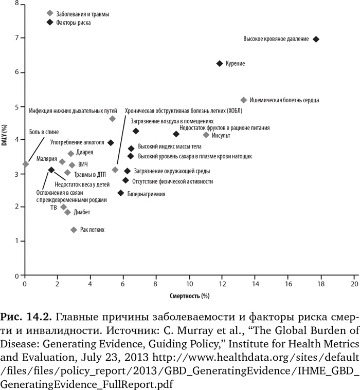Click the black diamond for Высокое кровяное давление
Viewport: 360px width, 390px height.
point(316,39)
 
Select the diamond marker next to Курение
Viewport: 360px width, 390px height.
point(220,63)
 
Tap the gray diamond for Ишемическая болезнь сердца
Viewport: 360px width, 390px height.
point(244,100)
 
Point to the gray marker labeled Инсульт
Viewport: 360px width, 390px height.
point(206,135)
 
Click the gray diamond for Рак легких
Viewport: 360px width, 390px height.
point(74,230)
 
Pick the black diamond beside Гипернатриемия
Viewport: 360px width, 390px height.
point(121,193)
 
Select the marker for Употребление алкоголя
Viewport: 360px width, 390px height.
point(111,143)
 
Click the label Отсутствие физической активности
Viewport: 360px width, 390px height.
point(172,181)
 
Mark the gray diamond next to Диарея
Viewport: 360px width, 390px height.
point(71,154)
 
